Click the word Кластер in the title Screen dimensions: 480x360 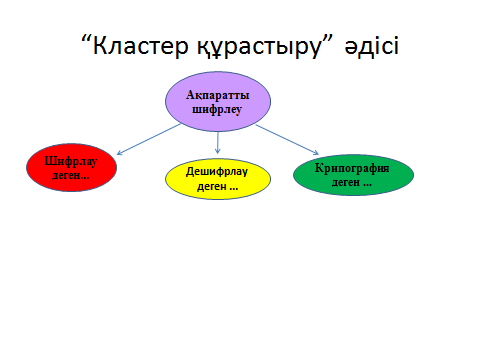[x=141, y=46]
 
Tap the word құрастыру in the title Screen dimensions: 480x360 [x=260, y=48]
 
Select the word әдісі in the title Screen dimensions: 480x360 [x=371, y=45]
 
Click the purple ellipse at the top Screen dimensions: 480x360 [x=218, y=101]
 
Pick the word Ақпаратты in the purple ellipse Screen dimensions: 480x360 [x=218, y=95]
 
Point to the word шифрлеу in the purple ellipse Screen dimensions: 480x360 [x=217, y=110]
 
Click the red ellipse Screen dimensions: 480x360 [x=72, y=167]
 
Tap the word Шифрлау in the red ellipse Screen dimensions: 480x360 [x=71, y=161]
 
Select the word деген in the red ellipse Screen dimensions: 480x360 [x=66, y=175]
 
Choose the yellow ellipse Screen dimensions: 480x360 [x=218, y=179]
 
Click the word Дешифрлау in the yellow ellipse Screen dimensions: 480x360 [x=217, y=172]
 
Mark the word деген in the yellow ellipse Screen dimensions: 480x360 [x=212, y=186]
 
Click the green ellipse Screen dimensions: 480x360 [x=353, y=175]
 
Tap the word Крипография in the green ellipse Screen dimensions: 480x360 [x=352, y=168]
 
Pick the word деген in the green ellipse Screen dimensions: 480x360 [x=346, y=182]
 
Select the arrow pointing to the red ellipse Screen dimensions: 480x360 [x=149, y=139]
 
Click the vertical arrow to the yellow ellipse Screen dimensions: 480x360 [x=218, y=143]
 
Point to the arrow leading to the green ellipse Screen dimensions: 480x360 [x=287, y=140]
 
